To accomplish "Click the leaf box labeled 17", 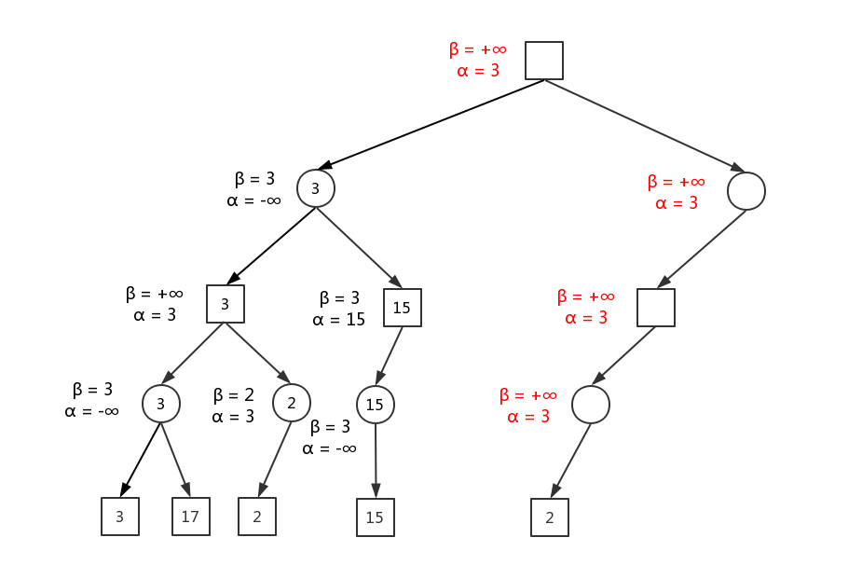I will click(x=191, y=516).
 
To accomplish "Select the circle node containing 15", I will click(x=376, y=405).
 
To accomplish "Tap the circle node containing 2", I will click(x=292, y=403).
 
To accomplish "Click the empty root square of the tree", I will click(x=544, y=61).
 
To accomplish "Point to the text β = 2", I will click(x=233, y=394).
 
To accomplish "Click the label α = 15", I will click(x=339, y=320).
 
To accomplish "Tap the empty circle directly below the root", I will click(x=746, y=191).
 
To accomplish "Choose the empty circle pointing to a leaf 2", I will click(x=591, y=405).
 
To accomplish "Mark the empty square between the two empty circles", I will click(x=656, y=308).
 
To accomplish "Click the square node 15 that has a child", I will click(x=403, y=308).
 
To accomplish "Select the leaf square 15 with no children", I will click(x=376, y=517).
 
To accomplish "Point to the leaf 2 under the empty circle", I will click(x=550, y=517).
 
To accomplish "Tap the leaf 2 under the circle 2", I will click(x=257, y=517).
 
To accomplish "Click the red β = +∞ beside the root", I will click(x=477, y=48).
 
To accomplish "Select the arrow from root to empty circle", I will click(x=645, y=126).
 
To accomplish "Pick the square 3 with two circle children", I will click(x=226, y=304).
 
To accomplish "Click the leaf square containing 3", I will click(x=120, y=517).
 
